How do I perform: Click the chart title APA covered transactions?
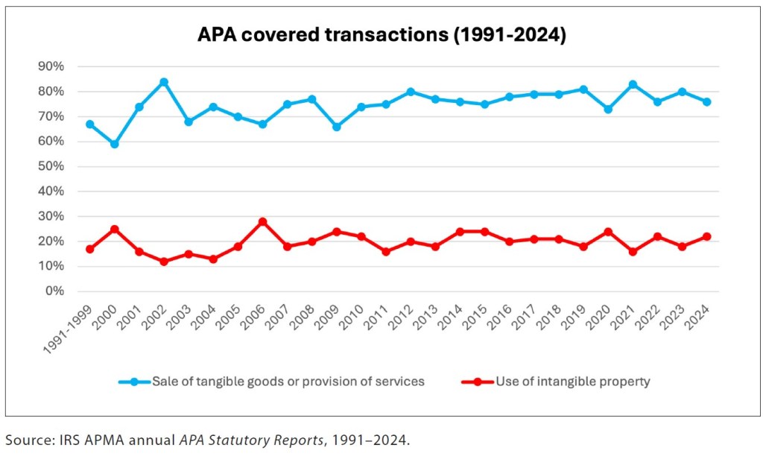(x=381, y=35)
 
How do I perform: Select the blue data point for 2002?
(x=164, y=82)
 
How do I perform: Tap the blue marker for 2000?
(x=115, y=144)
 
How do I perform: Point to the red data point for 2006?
(x=262, y=221)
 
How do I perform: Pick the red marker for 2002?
(x=164, y=262)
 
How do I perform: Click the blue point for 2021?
(x=633, y=84)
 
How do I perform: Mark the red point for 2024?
(x=706, y=236)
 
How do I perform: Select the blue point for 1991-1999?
(x=90, y=124)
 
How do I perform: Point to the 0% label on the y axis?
(x=54, y=291)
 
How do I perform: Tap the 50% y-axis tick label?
(x=51, y=167)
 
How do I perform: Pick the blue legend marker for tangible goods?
(x=134, y=382)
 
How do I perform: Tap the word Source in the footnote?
(x=23, y=440)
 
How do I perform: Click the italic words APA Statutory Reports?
(x=252, y=440)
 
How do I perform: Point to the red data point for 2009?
(x=336, y=232)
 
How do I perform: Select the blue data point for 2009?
(x=336, y=127)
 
